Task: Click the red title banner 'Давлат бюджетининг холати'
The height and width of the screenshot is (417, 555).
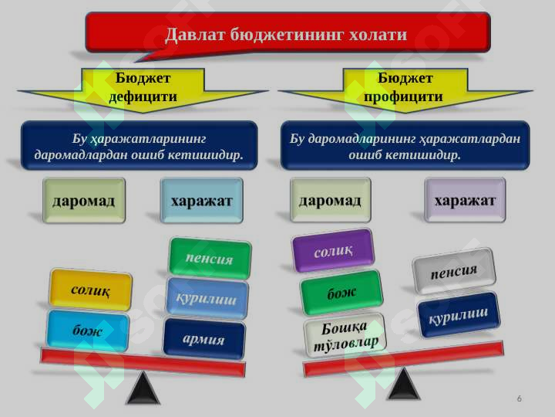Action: tap(288, 34)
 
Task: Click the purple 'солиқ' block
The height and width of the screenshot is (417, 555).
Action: tap(333, 250)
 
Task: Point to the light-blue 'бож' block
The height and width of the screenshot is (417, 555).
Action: tap(88, 331)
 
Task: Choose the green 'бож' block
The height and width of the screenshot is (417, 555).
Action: tap(341, 292)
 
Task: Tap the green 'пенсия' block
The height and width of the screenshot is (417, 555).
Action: tap(210, 258)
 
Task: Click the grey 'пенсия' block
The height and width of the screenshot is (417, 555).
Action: tap(454, 271)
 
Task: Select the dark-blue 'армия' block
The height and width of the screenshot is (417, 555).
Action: tap(203, 339)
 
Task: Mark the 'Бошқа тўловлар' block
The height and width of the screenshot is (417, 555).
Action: tap(345, 335)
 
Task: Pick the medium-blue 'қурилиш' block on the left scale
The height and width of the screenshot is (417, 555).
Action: tap(207, 299)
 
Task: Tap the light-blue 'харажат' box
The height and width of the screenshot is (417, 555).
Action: tap(201, 201)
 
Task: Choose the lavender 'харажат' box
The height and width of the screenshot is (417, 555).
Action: tap(465, 200)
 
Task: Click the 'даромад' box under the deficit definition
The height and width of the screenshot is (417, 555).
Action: tap(84, 201)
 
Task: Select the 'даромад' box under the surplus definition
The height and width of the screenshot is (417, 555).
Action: tap(330, 200)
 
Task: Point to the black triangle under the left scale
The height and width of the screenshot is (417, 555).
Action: tap(143, 388)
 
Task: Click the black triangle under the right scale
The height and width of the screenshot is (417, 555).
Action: tap(404, 384)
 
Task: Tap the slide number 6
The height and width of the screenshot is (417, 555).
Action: tap(520, 398)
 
